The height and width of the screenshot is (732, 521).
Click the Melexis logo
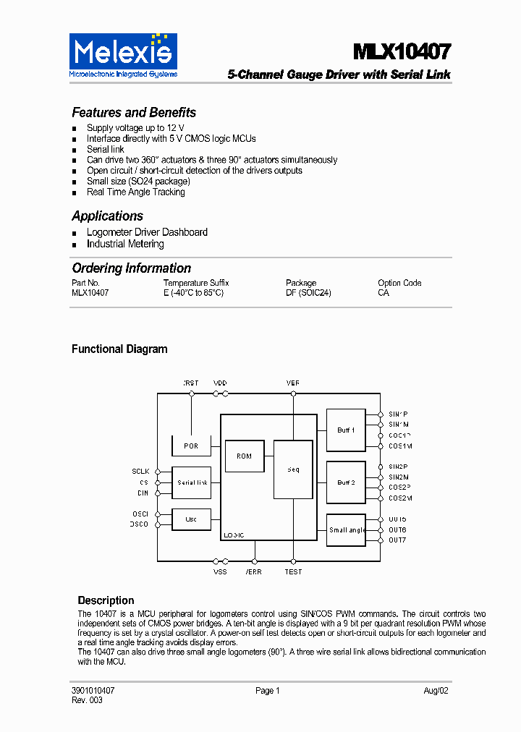(123, 54)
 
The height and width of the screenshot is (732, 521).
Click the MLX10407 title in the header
(402, 52)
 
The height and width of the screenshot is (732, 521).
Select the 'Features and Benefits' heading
(134, 113)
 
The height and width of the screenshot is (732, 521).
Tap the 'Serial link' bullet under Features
(106, 149)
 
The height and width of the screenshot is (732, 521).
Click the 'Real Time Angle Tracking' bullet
(135, 192)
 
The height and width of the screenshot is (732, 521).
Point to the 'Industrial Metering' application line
(125, 244)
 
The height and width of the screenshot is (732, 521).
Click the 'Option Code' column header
(399, 283)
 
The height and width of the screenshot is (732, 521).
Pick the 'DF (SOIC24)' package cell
(308, 293)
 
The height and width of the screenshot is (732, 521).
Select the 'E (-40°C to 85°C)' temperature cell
(193, 293)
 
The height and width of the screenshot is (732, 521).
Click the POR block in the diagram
(191, 446)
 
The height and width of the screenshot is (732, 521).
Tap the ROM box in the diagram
(245, 456)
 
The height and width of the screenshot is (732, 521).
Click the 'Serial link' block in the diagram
(192, 482)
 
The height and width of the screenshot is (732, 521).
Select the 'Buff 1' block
(346, 430)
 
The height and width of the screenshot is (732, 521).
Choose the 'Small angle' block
(347, 530)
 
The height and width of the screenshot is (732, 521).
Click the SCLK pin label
(140, 472)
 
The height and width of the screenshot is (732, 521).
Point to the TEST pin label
(293, 572)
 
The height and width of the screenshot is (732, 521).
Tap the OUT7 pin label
(397, 540)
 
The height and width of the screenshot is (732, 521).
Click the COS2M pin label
(400, 498)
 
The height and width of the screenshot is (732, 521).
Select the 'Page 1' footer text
(267, 691)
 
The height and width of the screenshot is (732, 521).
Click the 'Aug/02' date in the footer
(436, 691)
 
